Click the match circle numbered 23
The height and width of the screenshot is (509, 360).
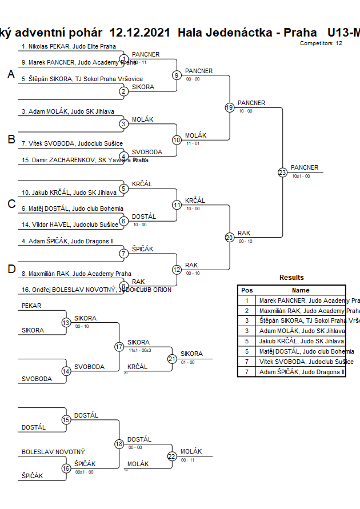click(282, 173)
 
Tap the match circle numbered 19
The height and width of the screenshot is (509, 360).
click(230, 107)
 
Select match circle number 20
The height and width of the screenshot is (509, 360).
click(230, 238)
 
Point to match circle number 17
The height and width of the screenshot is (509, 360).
click(119, 347)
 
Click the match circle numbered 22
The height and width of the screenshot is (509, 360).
click(172, 456)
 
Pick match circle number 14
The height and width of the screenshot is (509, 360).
click(66, 371)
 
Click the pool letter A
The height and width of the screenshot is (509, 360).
click(11, 74)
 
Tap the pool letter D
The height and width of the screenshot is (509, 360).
click(11, 270)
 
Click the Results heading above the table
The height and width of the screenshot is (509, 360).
click(291, 278)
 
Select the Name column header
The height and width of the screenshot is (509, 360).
click(301, 290)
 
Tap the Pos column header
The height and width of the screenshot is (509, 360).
click(247, 290)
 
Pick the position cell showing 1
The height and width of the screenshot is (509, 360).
click(247, 300)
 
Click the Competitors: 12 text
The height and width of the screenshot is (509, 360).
click(321, 43)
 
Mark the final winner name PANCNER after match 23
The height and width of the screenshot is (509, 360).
click(305, 167)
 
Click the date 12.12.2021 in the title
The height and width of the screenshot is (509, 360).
click(139, 33)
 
